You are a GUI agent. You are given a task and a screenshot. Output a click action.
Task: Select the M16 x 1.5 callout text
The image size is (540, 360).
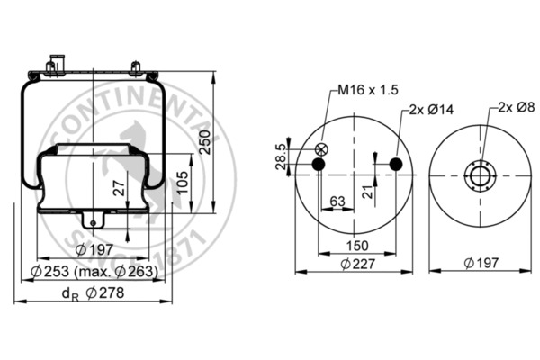click(x=368, y=91)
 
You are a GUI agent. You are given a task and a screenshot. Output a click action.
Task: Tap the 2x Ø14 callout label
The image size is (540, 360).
click(x=429, y=109)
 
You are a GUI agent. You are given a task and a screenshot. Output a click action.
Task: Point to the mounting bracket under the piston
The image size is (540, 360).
click(x=93, y=220)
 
